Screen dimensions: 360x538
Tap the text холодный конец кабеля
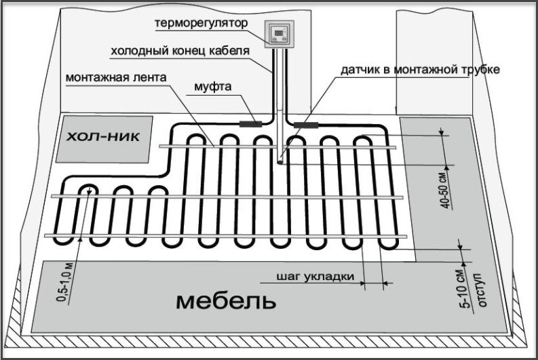tap(179, 50)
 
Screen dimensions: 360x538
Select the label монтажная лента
tap(115, 77)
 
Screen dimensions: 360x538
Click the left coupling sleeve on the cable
tap(252, 123)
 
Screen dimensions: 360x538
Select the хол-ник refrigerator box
tap(103, 138)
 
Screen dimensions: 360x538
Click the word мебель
tap(227, 301)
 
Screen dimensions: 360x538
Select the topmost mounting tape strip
tap(278, 144)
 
